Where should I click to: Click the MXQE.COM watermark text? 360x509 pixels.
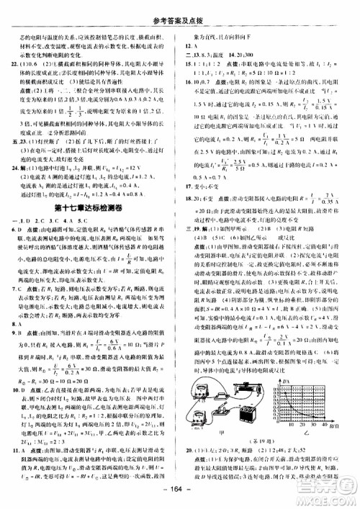pyautogui.click(x=328, y=496)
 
